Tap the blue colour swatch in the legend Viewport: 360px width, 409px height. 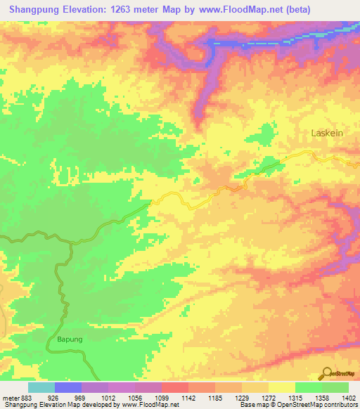(x=68, y=387)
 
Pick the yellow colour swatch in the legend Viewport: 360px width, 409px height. (x=281, y=387)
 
